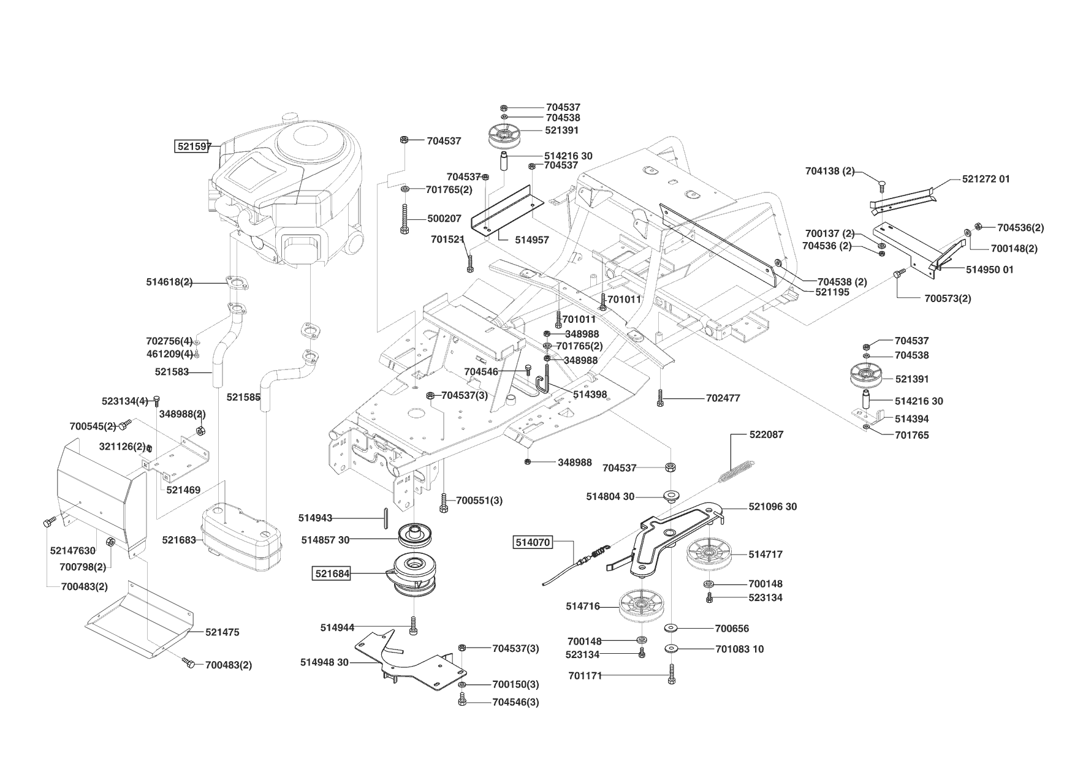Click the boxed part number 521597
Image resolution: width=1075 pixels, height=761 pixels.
pyautogui.click(x=193, y=146)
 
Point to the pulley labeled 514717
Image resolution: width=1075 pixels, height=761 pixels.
pyautogui.click(x=709, y=555)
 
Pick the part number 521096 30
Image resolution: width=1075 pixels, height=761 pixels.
pyautogui.click(x=773, y=507)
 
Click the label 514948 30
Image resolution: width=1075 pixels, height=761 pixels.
pyautogui.click(x=324, y=662)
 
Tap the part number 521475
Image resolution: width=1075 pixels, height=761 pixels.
pyautogui.click(x=222, y=632)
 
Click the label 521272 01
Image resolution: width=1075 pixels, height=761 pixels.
pyautogui.click(x=986, y=179)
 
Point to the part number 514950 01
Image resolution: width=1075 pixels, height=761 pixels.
pyautogui.click(x=990, y=270)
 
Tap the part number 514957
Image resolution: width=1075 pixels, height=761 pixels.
pyautogui.click(x=532, y=240)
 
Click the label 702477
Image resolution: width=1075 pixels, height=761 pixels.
pyautogui.click(x=723, y=398)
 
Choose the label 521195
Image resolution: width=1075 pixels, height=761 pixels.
pyautogui.click(x=832, y=293)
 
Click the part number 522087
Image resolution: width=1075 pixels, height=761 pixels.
pyautogui.click(x=766, y=434)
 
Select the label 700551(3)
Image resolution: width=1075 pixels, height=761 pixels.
pyautogui.click(x=479, y=501)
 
